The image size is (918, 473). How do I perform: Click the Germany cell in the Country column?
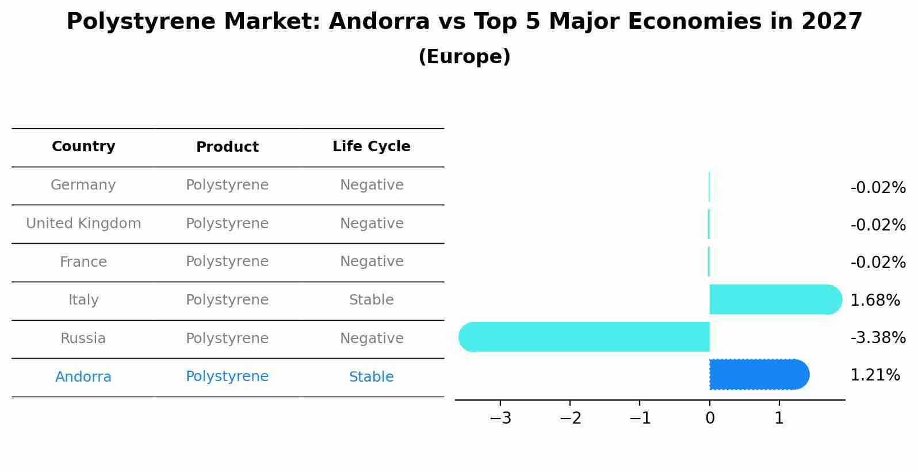tap(83, 185)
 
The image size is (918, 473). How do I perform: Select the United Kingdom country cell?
tap(83, 224)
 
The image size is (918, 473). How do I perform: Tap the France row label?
tap(83, 262)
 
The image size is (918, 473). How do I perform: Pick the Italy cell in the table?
tap(83, 300)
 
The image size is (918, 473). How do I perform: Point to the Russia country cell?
tap(83, 339)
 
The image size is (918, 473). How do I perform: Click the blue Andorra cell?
tap(83, 377)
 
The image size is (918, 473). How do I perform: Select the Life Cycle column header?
tap(372, 147)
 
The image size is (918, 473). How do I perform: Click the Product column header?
tap(227, 147)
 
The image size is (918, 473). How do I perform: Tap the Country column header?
tap(83, 147)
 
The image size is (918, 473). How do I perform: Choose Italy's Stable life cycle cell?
tap(372, 300)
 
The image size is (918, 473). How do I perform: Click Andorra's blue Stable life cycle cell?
tap(372, 377)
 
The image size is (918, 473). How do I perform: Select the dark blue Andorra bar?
tap(759, 374)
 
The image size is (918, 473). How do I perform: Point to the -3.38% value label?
tap(878, 338)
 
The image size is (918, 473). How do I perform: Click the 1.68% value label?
tap(875, 300)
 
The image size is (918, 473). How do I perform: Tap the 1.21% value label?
tap(875, 375)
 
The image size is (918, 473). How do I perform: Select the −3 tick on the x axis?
tap(500, 418)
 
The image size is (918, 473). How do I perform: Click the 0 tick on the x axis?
tap(710, 418)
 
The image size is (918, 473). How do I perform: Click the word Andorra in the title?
tap(379, 22)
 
